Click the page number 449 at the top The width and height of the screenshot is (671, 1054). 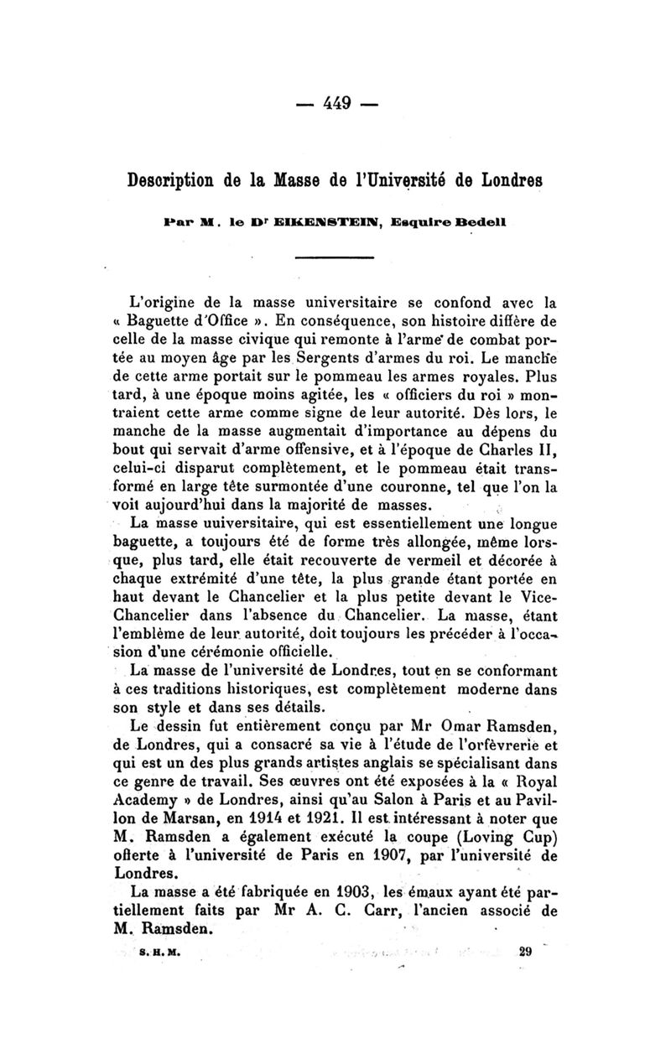[x=335, y=106]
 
